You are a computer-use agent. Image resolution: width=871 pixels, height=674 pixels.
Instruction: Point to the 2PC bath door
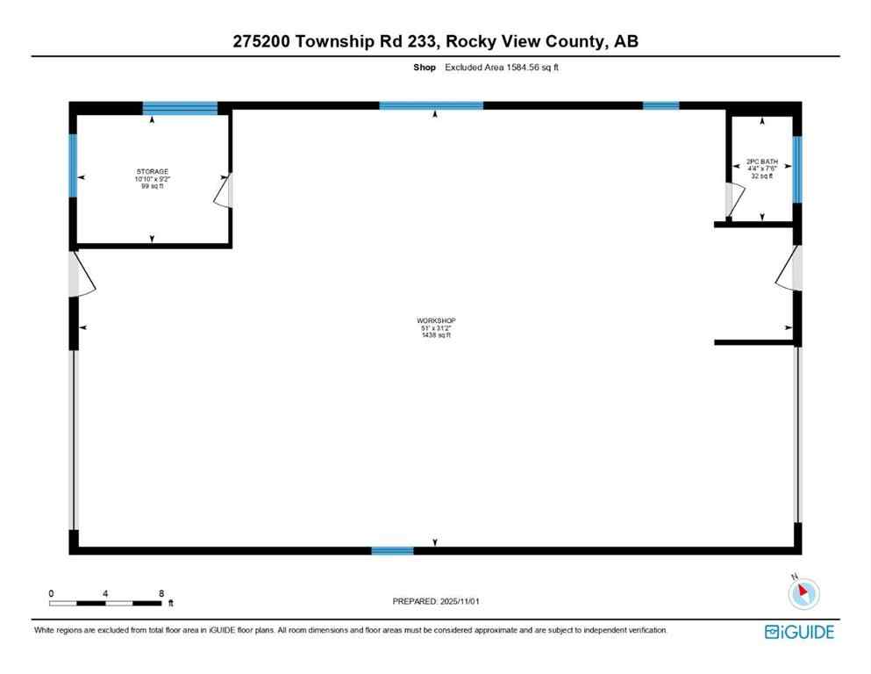pyautogui.click(x=732, y=199)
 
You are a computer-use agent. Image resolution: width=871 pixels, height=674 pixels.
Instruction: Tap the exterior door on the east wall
pyautogui.click(x=789, y=268)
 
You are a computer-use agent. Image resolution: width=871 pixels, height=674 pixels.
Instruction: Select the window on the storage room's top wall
pyautogui.click(x=180, y=108)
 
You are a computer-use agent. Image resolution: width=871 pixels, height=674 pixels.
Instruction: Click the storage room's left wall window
pyautogui.click(x=74, y=164)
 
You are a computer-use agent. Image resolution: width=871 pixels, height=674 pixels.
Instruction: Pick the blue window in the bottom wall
pyautogui.click(x=392, y=550)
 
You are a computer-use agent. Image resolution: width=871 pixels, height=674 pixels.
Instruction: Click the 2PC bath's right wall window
pyautogui.click(x=796, y=168)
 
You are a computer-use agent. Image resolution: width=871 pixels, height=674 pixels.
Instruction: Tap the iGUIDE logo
pyautogui.click(x=799, y=632)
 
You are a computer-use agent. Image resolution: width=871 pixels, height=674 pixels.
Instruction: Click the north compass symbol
pyautogui.click(x=803, y=594)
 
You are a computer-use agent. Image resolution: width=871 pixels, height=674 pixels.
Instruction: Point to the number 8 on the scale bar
pyautogui.click(x=161, y=593)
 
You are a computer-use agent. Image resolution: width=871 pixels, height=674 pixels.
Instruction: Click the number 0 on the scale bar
pyautogui.click(x=52, y=593)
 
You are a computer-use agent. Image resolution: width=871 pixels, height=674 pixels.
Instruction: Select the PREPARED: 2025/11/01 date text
pyautogui.click(x=436, y=601)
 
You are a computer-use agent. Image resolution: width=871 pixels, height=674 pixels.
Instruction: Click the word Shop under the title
pyautogui.click(x=425, y=67)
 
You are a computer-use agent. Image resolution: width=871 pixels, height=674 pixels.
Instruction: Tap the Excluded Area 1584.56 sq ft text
pyautogui.click(x=502, y=67)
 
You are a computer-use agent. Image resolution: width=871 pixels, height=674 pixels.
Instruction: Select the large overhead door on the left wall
pyautogui.click(x=75, y=439)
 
